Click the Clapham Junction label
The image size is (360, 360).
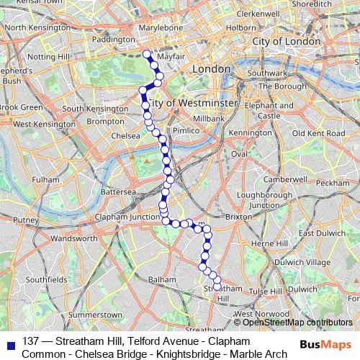(x=130, y=217)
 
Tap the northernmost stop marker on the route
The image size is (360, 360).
(x=146, y=53)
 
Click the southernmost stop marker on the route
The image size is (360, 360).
(x=217, y=287)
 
